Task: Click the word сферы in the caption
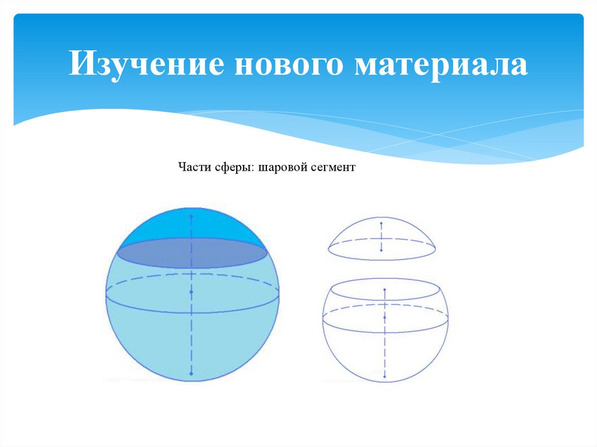230,167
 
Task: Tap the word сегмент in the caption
332,167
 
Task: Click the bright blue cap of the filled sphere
192,224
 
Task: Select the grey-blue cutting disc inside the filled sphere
192,253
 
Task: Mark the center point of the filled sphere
191,291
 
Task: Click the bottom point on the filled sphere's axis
191,374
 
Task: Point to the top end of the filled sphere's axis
191,214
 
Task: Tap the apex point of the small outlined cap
381,223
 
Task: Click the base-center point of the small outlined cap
381,249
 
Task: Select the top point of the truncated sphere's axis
385,290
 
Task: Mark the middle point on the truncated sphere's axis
385,316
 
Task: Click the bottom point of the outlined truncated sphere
385,379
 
